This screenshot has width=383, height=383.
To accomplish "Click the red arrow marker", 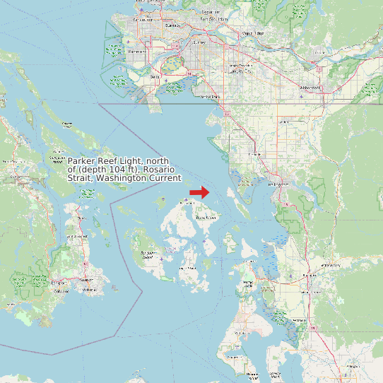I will pos(199,191).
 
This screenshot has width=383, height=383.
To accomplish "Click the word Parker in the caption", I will pos(82,161).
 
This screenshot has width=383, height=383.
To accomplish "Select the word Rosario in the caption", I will pos(162,170).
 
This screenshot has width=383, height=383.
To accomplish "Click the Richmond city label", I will pos(137,52).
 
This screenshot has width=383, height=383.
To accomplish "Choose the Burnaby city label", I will pos(172,25).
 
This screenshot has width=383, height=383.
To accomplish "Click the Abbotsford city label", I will pos(310,88).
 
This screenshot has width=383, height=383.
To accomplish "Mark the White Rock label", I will pos(210,96).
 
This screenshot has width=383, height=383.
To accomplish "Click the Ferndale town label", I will pos(255,153).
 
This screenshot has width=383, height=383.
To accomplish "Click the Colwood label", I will pos(62,290).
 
